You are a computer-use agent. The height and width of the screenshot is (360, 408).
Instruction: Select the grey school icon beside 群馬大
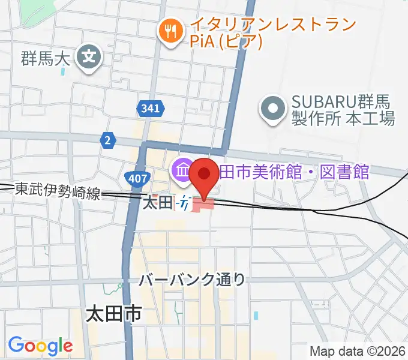(x=90, y=58)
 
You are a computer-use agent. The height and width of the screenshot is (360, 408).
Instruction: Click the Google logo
(x=40, y=346)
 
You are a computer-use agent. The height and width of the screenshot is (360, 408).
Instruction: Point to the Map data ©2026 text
(x=358, y=351)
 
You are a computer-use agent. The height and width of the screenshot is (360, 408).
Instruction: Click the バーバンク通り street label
(x=192, y=279)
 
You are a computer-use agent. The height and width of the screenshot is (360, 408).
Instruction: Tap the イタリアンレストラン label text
(x=273, y=25)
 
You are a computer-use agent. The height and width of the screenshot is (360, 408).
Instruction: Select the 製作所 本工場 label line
(x=343, y=118)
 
